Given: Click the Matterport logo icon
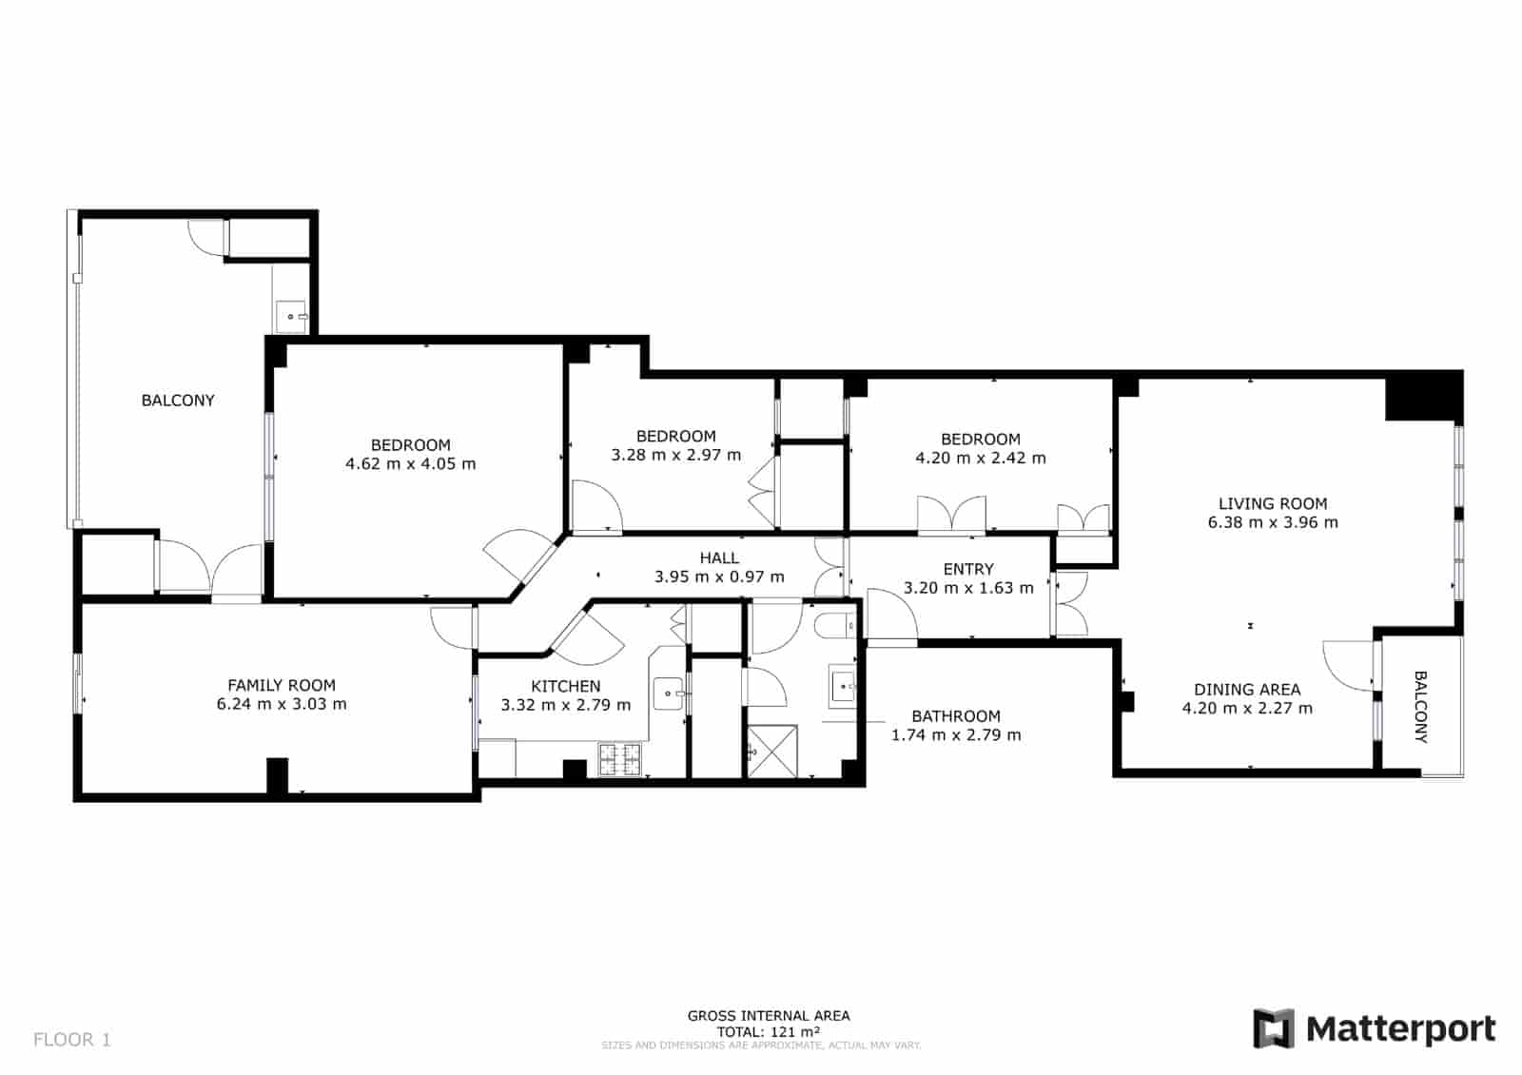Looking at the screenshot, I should pos(1274,1028).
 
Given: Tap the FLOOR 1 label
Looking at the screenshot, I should pos(72,1040).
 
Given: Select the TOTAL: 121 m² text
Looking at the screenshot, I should pos(769,1031).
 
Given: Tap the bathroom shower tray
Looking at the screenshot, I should pos(771,752).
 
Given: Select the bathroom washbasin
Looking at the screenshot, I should pos(844,685).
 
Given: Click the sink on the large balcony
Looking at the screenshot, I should pos(291,314).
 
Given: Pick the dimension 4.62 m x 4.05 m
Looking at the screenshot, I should pos(410,464).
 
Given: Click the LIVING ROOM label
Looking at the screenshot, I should pos(1273,503).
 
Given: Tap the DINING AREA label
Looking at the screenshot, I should pos(1247,690).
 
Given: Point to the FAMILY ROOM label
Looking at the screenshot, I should pos(282,685).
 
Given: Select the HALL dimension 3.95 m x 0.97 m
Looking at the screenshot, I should pos(719,577).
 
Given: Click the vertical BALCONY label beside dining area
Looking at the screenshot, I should pos(1420,707).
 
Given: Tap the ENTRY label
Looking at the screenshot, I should pos(968,569).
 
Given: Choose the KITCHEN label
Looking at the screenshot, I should pos(565,686).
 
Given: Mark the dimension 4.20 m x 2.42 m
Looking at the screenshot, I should pos(980,458).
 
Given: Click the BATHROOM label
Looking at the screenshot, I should pos(956,716).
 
